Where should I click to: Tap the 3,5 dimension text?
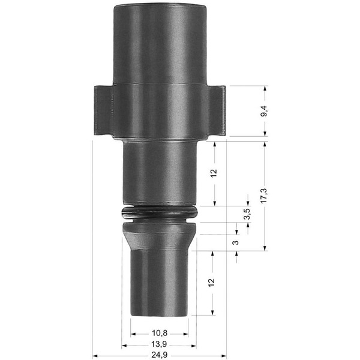point(247,214)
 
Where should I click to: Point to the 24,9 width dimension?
point(160,355)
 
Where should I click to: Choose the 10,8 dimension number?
point(160,333)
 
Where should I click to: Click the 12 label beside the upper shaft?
point(214,173)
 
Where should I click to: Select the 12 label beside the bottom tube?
point(211,281)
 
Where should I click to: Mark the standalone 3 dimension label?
point(236,243)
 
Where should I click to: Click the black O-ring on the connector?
point(158,212)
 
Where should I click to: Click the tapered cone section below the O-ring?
point(159,236)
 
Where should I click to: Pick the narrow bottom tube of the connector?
point(160,282)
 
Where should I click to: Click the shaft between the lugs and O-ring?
point(159,174)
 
